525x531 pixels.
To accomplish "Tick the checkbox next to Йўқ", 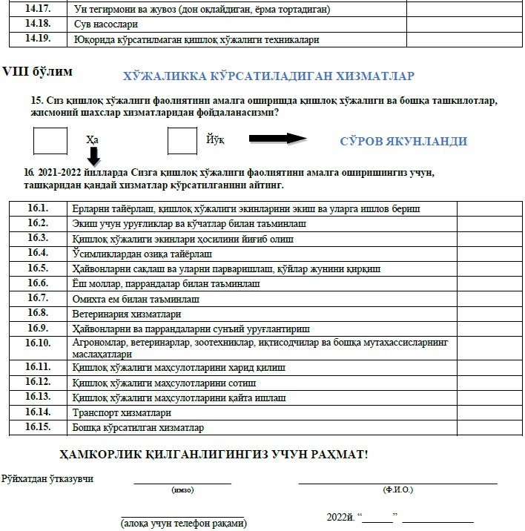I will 182,141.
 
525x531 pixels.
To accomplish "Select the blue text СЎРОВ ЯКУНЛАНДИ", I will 403,141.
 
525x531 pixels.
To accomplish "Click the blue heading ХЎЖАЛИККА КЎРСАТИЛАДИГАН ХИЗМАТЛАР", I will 268,76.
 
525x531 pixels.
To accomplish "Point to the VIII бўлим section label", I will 38,72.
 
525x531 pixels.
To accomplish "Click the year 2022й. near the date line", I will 339,516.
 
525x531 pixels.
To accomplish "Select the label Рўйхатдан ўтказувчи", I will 47,478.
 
